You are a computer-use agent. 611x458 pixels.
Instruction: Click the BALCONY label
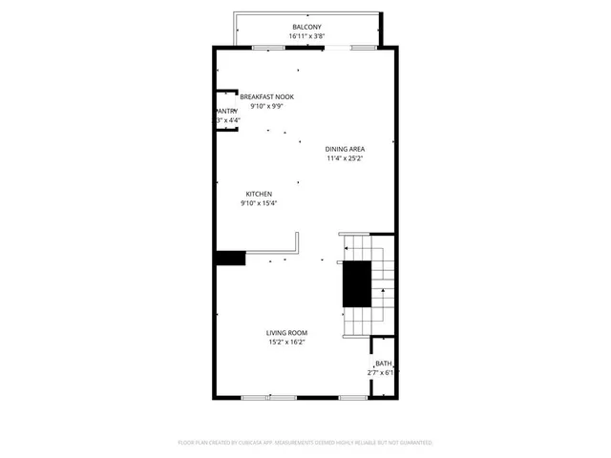(x=307, y=27)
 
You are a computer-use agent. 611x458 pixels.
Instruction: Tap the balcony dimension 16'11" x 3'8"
(x=307, y=36)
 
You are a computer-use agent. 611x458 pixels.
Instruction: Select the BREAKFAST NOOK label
(x=266, y=97)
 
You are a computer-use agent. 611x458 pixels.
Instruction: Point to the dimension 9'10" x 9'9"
(x=266, y=107)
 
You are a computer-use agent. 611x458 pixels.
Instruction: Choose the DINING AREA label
(x=346, y=149)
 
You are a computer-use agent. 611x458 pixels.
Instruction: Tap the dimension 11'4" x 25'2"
(x=346, y=158)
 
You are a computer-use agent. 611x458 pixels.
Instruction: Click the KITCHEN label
(x=260, y=194)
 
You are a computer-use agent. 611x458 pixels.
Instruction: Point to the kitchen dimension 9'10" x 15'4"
(x=260, y=203)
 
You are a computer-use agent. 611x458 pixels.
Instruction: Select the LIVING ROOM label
(x=286, y=333)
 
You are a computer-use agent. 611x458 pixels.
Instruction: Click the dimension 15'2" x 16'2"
(x=286, y=343)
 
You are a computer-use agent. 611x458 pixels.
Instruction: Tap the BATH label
(x=382, y=364)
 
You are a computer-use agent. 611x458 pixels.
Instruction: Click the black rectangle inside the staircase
(x=356, y=283)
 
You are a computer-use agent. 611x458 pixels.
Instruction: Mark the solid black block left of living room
(x=230, y=258)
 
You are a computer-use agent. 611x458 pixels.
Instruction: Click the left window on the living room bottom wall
(x=261, y=397)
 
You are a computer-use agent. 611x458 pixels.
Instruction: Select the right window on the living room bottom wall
(x=353, y=397)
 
